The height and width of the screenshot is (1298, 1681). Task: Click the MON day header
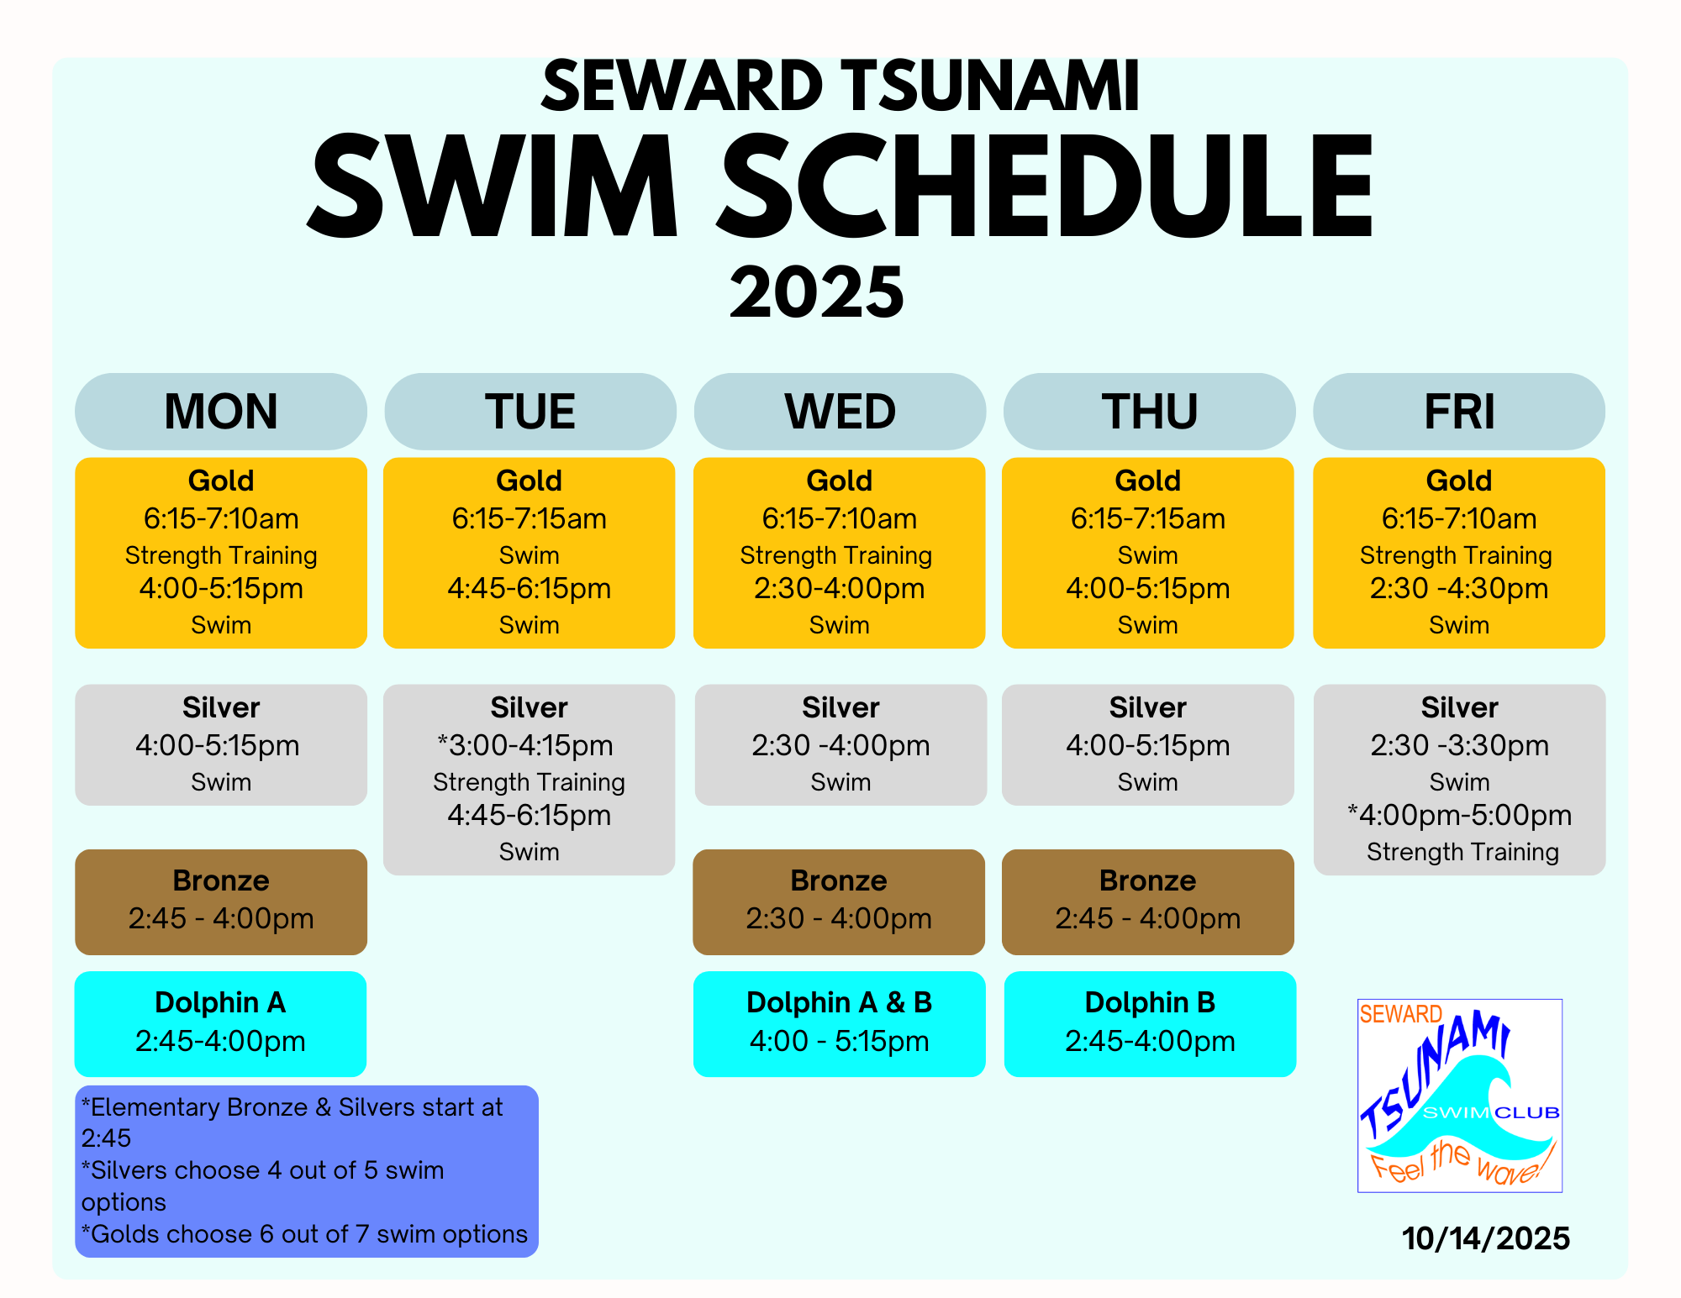pos(221,412)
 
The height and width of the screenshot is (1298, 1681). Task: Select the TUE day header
pos(530,412)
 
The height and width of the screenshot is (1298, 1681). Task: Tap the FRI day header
pos(1459,412)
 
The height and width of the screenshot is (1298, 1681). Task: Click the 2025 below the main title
pos(817,292)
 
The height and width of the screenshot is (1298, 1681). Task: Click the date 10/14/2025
pos(1486,1238)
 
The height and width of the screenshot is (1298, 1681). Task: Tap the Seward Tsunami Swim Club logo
pos(1460,1096)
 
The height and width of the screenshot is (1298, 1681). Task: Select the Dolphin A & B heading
pos(840,1002)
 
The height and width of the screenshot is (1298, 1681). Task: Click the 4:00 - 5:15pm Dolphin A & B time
pos(840,1041)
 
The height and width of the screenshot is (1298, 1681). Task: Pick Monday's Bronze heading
pos(221,880)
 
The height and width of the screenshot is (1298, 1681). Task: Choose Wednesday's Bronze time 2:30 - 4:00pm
pos(839,918)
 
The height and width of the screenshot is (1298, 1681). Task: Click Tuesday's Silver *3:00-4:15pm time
pos(525,745)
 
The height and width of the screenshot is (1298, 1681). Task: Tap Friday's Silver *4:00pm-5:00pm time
pos(1459,815)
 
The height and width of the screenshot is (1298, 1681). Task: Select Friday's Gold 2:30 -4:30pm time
pos(1459,588)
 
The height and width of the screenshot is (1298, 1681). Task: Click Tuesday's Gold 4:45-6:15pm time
pos(530,588)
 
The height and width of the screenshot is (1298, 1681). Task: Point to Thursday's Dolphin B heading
pos(1150,1002)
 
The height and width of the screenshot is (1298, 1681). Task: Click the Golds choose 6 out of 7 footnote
pos(304,1234)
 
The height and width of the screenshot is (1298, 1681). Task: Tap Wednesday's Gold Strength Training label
pos(836,555)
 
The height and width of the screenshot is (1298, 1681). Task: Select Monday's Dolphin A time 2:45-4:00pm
pos(220,1041)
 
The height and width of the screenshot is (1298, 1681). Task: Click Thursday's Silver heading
pos(1148,707)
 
